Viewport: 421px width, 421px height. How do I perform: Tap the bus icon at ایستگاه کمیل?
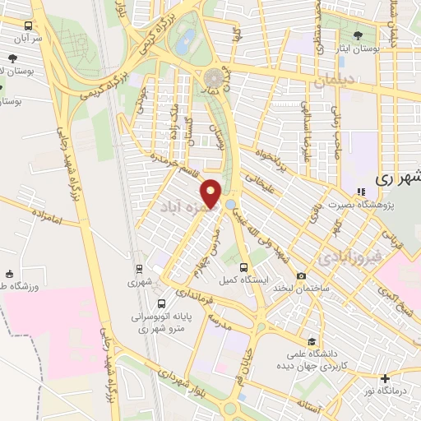click(243, 266)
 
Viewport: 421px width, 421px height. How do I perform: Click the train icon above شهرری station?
click(139, 267)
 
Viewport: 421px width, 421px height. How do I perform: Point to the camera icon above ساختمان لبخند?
click(302, 275)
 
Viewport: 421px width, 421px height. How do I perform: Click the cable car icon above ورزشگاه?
click(10, 274)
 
